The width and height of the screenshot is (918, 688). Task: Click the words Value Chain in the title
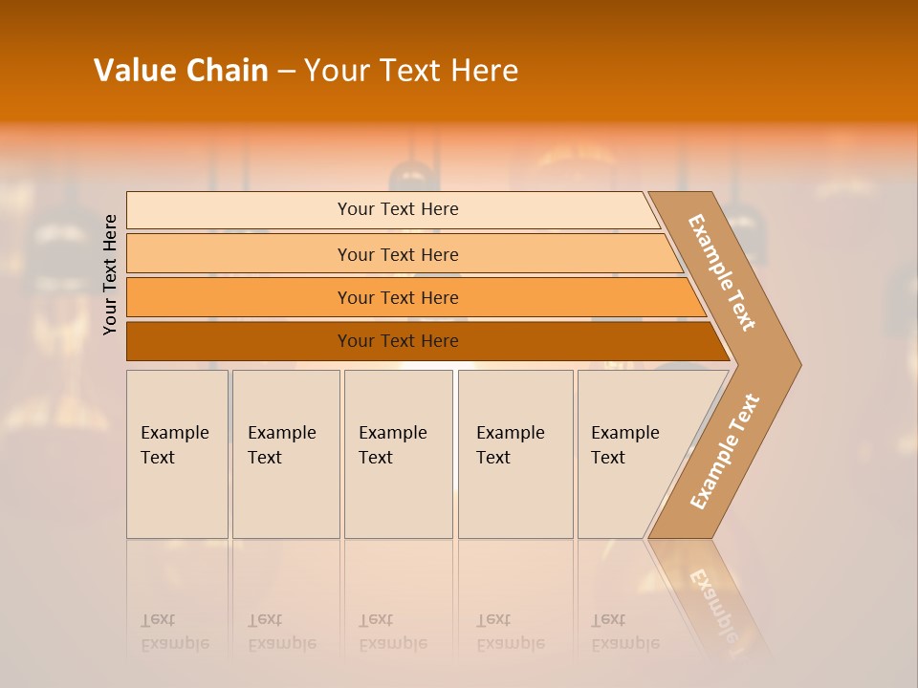click(x=181, y=71)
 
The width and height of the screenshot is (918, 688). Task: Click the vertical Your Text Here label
click(x=110, y=274)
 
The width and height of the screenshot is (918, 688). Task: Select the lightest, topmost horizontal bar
click(x=239, y=210)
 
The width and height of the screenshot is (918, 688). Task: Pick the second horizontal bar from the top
click(x=239, y=254)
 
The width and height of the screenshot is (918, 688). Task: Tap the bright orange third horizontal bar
click(x=239, y=298)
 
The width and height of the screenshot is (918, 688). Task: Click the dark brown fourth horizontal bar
click(x=239, y=341)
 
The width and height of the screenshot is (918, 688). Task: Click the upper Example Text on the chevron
click(x=722, y=272)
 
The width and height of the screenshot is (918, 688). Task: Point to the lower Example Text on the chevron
click(x=724, y=452)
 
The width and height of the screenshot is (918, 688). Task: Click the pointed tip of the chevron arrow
click(x=795, y=364)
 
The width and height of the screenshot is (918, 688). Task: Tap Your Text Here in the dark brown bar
click(x=398, y=341)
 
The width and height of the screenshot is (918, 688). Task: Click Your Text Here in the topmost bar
click(x=398, y=209)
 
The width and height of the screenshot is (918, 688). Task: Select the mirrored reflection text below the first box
click(x=174, y=633)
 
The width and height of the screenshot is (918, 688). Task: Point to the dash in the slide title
click(x=286, y=71)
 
